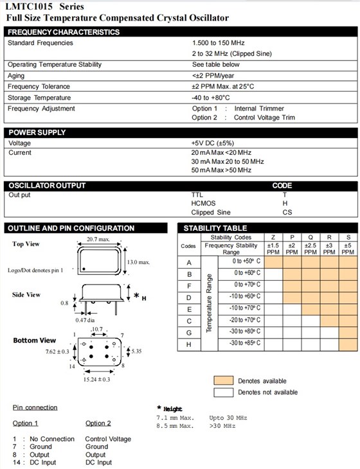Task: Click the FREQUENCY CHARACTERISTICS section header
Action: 64,31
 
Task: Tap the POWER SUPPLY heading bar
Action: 37,132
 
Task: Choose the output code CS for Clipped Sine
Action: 287,213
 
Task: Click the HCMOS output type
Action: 203,203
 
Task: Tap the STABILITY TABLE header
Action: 215,228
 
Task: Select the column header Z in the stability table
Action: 273,238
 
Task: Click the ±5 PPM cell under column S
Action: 348,249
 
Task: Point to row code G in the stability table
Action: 189,332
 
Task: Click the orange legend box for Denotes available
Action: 223,380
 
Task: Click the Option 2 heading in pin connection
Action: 98,423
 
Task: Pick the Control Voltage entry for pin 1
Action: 108,439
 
